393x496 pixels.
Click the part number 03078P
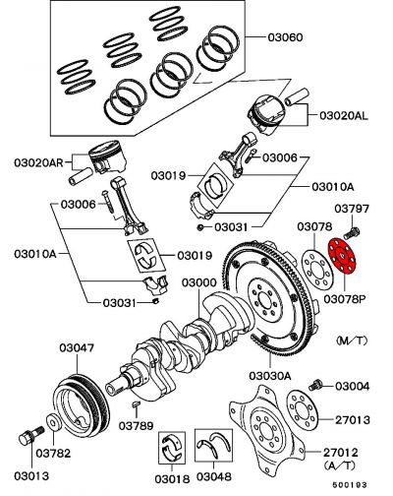pos(346,297)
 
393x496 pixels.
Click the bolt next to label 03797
pos(355,233)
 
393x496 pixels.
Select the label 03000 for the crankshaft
pos(197,283)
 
